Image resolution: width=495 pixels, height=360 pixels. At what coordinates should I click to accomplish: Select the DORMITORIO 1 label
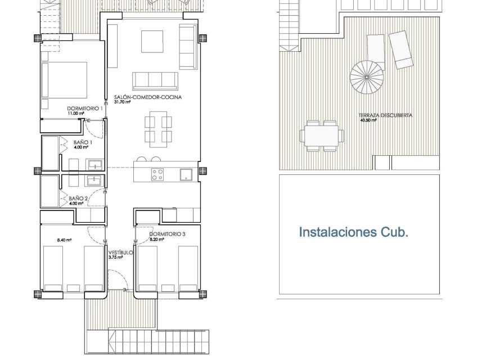click(84, 108)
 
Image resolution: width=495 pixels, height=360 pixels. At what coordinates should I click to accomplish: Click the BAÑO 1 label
click(83, 142)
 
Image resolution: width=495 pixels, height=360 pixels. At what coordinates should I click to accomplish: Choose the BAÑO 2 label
click(78, 198)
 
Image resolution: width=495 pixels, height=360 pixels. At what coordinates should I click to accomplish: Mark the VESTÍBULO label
click(120, 253)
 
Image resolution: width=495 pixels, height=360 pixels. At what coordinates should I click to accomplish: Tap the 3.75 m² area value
click(116, 258)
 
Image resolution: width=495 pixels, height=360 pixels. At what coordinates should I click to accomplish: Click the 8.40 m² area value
click(65, 240)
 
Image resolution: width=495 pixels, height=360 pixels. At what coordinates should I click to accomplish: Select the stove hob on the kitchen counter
click(157, 174)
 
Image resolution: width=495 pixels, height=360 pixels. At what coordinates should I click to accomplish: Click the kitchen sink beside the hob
click(186, 174)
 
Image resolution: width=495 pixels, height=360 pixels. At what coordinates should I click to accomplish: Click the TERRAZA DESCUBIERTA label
click(388, 115)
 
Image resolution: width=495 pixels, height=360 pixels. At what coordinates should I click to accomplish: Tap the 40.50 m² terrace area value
click(368, 120)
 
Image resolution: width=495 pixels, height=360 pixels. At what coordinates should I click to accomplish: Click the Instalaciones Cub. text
click(353, 232)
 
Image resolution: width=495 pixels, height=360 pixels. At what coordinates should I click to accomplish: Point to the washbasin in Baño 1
click(94, 164)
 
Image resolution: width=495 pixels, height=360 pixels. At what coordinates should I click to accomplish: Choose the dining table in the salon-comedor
click(157, 128)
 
